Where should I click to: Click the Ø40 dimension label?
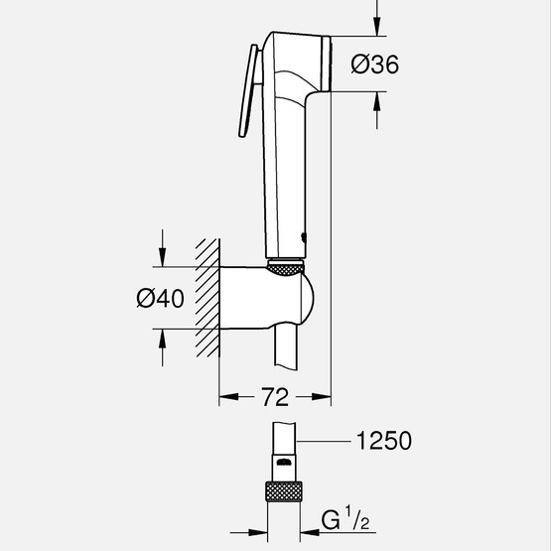[x=162, y=297]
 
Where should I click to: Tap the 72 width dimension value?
[x=275, y=397]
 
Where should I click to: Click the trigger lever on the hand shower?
[x=247, y=94]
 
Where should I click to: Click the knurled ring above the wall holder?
[x=288, y=265]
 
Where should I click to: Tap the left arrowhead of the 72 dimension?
[x=224, y=397]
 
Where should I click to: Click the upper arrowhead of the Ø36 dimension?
[x=377, y=28]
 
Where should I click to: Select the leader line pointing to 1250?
[x=328, y=441]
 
